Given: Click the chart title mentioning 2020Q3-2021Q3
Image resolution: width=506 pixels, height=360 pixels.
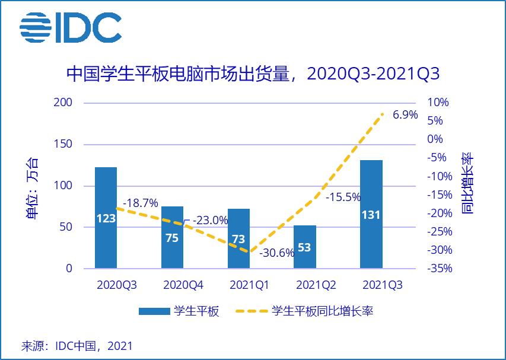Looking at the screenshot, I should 252,75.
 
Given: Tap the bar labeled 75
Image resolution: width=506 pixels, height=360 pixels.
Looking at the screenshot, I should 173,237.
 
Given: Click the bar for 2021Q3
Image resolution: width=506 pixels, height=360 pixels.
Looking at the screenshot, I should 371,214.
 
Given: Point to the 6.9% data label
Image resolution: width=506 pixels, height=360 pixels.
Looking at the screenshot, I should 406,114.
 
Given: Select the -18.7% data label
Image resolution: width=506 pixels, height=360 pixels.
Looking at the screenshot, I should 141,203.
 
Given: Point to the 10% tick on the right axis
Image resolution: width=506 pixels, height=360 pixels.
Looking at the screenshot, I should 439,103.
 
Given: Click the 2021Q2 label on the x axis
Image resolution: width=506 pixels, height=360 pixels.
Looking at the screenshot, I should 316,285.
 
